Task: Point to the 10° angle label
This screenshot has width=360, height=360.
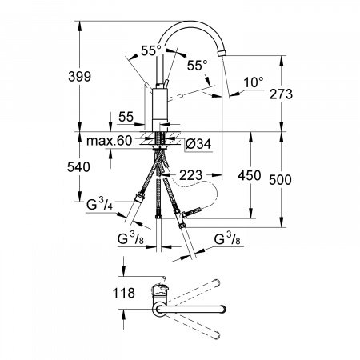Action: pos(252,82)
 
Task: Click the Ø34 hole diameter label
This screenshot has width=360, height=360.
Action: pos(196,144)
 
